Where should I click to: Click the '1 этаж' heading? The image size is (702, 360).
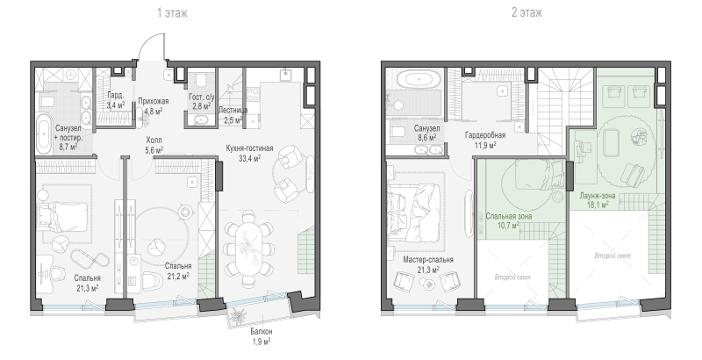coord(172,13)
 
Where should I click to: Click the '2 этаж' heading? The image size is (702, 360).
coord(527,12)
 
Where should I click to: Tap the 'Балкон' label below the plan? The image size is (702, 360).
coord(261,332)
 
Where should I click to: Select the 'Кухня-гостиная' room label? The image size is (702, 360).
coord(249,148)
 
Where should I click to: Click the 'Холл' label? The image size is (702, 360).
coord(154,140)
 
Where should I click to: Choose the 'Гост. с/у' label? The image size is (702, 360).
coord(202,97)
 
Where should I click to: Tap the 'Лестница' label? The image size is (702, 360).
coord(233,110)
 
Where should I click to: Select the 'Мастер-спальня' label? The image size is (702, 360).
coord(428,260)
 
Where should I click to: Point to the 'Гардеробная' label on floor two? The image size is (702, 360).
coord(485,135)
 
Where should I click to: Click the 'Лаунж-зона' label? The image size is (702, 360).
coord(598,195)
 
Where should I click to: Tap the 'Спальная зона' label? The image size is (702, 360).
coord(509,216)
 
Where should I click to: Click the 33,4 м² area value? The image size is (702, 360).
coord(250,158)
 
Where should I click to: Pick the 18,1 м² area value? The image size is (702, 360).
coord(598,205)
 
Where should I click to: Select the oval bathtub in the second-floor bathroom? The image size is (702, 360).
coord(419,81)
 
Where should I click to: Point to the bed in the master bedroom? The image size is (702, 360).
coord(414,211)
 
